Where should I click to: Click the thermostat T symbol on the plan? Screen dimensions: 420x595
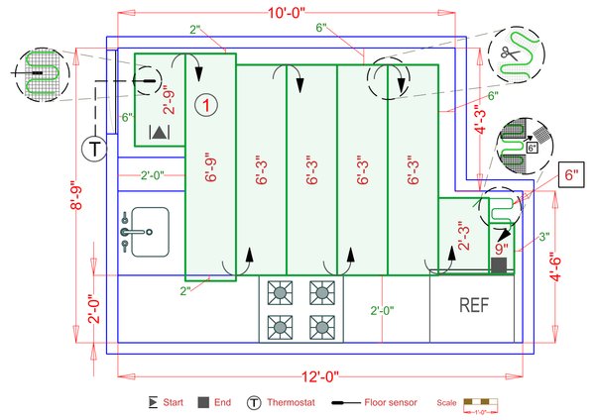(92, 150)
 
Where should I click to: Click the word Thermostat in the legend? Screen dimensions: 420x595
(295, 403)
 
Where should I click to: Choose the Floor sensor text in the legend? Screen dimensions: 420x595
(390, 403)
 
